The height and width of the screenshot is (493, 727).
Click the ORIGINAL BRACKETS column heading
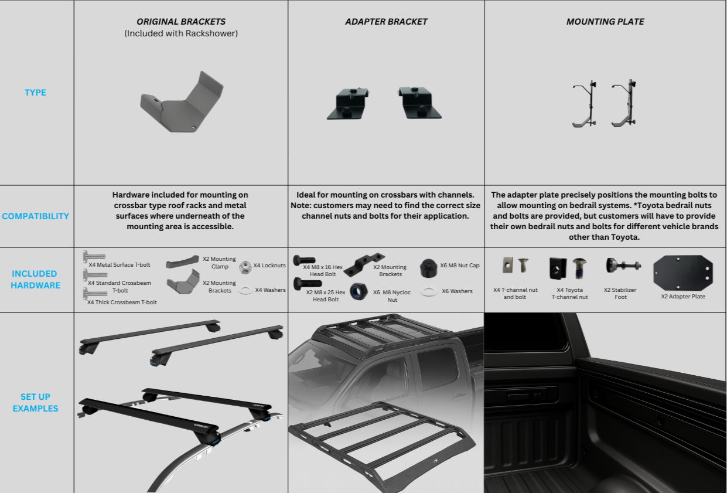(x=180, y=22)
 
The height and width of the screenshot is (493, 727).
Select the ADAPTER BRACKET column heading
(x=386, y=22)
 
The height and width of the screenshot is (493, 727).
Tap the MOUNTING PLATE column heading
(x=605, y=22)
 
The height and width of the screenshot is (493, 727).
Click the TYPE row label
(x=35, y=93)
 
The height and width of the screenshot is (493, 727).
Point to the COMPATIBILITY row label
(x=35, y=216)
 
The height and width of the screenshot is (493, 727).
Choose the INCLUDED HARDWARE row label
(x=35, y=280)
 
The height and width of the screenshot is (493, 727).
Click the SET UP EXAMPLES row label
(x=35, y=403)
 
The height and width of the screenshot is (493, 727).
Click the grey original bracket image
(x=183, y=103)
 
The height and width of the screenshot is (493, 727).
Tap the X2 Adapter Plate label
(x=683, y=297)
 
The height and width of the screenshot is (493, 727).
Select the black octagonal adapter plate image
(x=683, y=272)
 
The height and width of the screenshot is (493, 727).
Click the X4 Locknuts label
(x=269, y=266)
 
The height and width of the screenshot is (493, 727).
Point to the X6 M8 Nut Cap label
(x=460, y=266)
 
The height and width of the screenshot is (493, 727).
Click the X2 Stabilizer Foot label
(x=620, y=293)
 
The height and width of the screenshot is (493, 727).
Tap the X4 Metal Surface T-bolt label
(x=120, y=265)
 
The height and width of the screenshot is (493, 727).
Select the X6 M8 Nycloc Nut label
(x=392, y=296)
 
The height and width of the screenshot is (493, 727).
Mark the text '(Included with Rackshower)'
(x=180, y=33)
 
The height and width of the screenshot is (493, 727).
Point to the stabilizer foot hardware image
(x=623, y=266)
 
